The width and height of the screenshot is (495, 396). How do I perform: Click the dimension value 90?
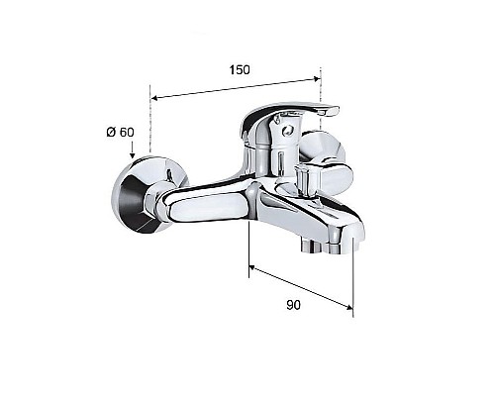point(292,306)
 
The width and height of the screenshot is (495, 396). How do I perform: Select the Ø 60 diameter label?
point(120,133)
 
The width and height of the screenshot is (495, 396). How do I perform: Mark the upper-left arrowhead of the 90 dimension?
point(251,265)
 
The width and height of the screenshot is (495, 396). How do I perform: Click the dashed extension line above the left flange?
point(149,124)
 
